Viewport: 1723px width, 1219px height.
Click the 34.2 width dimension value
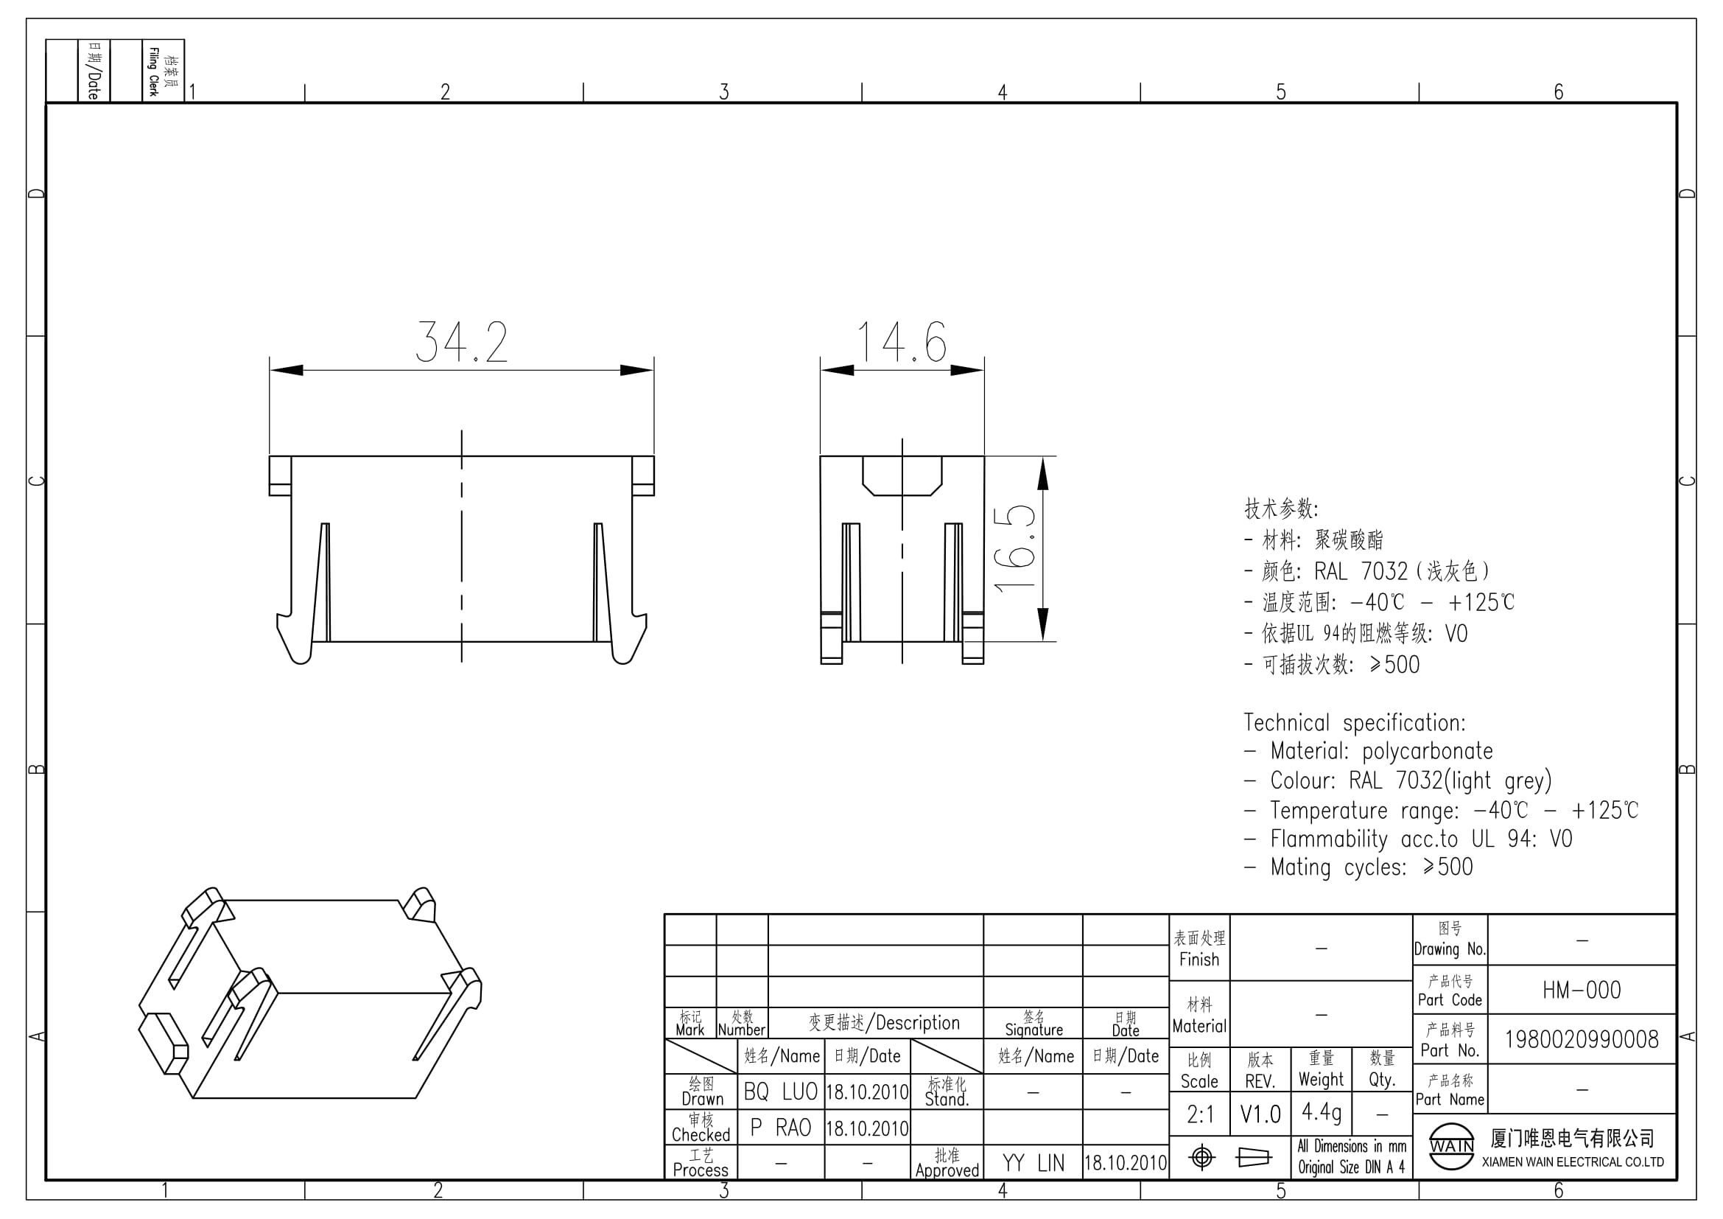coord(463,342)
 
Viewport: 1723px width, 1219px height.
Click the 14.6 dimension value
coord(902,342)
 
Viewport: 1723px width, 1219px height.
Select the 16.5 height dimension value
coord(1014,550)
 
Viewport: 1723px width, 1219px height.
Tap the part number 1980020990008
coord(1582,1039)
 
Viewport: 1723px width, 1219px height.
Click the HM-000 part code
coord(1582,990)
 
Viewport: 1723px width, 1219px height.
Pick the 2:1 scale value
coord(1201,1114)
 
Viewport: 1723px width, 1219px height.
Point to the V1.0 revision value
coord(1260,1114)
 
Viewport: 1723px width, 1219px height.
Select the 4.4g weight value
coord(1322,1111)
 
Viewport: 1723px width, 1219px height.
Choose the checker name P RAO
coord(780,1128)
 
